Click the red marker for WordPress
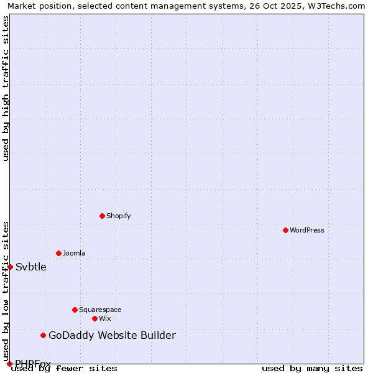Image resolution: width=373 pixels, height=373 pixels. pos(285,230)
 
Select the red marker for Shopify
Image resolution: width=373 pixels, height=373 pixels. pos(102,216)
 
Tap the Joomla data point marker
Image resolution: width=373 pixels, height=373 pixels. pos(58,253)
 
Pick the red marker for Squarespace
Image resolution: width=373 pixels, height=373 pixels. pos(75,310)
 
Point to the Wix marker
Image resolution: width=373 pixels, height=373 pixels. pos(94,318)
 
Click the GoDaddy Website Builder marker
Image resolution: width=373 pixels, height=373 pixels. pos(43,336)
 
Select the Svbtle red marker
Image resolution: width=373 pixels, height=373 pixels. pos(10,267)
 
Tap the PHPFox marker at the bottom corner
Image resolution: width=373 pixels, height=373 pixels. pos(9,364)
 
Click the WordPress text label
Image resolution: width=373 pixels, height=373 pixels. pos(307,230)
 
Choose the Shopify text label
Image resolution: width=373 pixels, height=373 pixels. pos(118,216)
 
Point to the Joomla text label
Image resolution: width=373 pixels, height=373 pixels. pos(74,253)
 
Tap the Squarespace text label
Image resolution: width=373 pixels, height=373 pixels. pos(100,310)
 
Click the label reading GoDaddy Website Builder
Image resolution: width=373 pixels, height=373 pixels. pos(112,336)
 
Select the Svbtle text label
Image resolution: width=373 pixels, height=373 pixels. pos(31,267)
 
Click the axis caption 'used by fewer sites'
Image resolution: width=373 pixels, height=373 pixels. pos(64,368)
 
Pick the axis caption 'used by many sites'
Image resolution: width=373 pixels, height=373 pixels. pos(312,368)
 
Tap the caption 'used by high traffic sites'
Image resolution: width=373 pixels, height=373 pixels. pos(6,88)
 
